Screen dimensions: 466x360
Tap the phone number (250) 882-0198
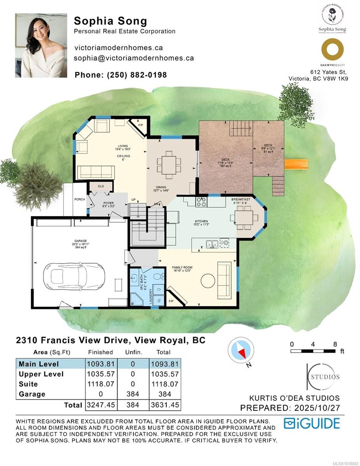(x=120, y=75)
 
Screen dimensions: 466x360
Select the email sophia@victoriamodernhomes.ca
(x=134, y=58)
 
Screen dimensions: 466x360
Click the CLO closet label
(x=101, y=186)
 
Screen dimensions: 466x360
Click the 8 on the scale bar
(x=335, y=344)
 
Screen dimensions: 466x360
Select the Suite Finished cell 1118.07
(x=100, y=384)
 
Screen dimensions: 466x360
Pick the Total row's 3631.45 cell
(x=165, y=405)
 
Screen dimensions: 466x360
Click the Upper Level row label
(x=41, y=374)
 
